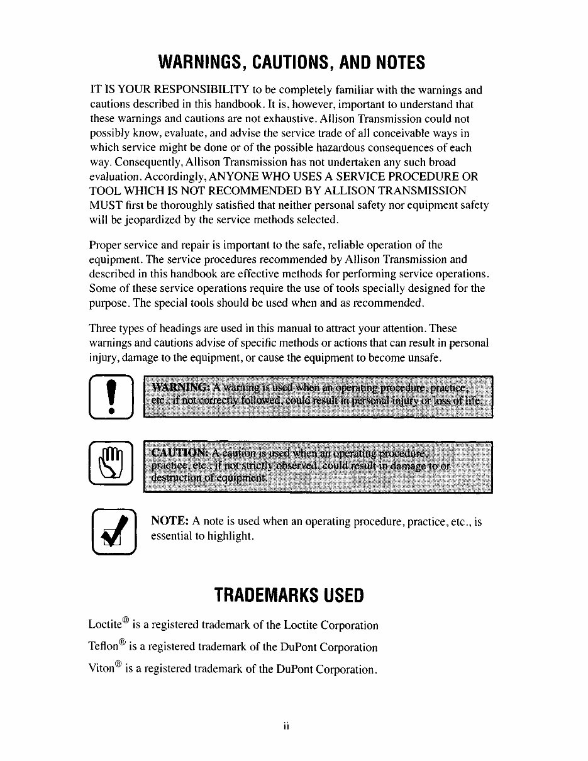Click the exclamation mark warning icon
[x=112, y=396]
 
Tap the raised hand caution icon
[x=112, y=463]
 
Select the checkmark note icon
[x=113, y=532]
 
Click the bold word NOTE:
[x=170, y=521]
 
